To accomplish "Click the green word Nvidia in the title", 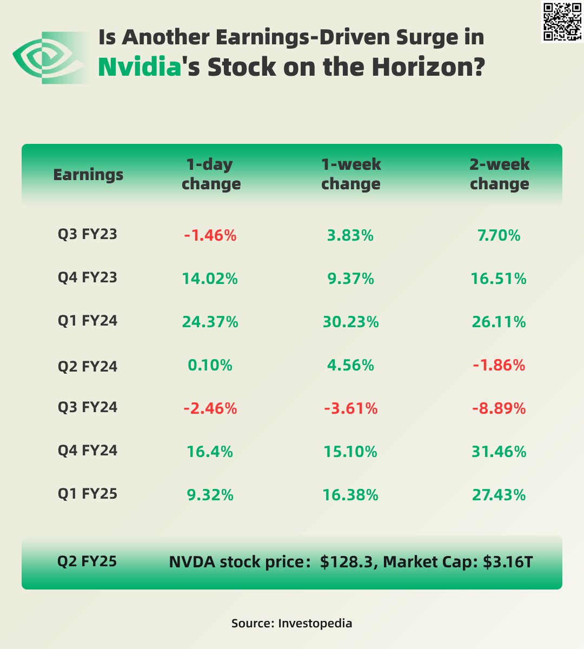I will (x=140, y=67).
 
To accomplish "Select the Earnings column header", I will (x=88, y=175).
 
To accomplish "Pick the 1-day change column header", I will (x=211, y=174).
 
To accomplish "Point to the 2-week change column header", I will (x=499, y=174).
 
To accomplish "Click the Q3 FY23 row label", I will (x=88, y=235).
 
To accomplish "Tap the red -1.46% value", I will (x=210, y=235).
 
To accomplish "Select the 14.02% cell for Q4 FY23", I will (x=210, y=279).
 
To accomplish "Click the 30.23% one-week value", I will (x=350, y=322).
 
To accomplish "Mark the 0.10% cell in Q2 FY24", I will (x=210, y=365).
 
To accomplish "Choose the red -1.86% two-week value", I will (x=499, y=365).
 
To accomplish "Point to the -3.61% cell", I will (x=350, y=408).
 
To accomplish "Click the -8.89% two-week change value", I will (x=499, y=408).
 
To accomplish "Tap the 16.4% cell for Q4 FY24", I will (x=210, y=452).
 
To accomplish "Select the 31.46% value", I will (x=499, y=452).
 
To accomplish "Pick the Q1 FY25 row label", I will (x=88, y=494).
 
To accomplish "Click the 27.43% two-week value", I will (x=499, y=495).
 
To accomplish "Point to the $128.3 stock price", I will (x=347, y=562).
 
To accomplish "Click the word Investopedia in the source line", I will (x=315, y=623).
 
